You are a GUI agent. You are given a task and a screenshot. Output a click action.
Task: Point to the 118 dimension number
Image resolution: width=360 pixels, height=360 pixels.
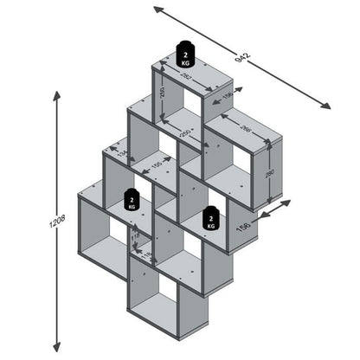135,235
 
